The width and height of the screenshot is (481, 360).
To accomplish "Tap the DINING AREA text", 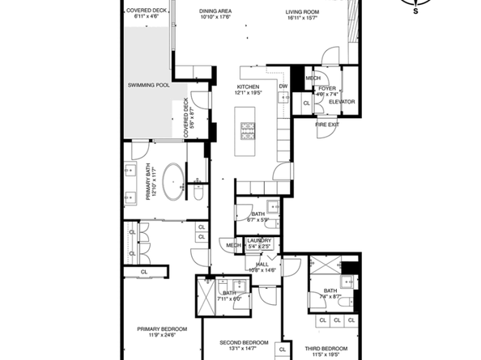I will coord(215,12).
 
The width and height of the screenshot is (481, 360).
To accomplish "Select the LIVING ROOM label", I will coord(302,12).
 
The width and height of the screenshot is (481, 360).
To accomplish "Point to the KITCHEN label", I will coord(248,87).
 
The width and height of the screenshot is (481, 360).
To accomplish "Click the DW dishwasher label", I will coord(283,87).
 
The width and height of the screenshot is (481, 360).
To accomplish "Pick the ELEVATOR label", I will coord(342,102).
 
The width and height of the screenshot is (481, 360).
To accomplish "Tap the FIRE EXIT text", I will coord(327,124).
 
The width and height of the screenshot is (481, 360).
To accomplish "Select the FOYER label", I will coord(326,88).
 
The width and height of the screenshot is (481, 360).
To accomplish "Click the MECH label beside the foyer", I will coord(313,78).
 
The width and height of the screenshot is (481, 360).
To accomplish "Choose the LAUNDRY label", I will coord(258,240).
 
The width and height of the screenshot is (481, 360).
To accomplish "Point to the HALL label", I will coord(262,264).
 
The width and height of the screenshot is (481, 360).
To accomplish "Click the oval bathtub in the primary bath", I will coord(174,182).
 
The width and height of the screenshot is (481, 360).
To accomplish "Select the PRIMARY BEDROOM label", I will coord(162,328).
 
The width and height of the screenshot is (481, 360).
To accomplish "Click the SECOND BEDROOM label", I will coord(244,342).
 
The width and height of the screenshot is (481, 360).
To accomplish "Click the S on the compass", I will coord(416,12).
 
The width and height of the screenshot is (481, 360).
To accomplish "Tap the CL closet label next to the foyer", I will coord(307,104).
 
